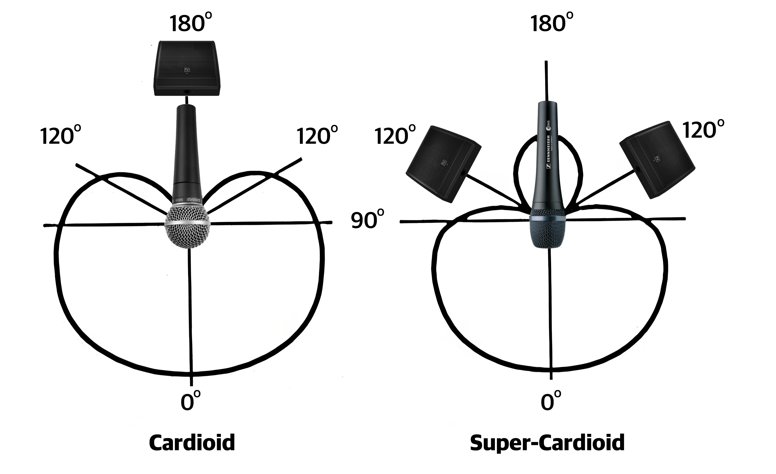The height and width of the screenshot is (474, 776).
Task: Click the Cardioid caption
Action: coord(192,442)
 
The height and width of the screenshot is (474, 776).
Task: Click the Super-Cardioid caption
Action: coord(547,442)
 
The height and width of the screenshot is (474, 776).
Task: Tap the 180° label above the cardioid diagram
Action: coord(190,23)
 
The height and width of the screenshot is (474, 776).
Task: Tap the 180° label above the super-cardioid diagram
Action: coord(551,23)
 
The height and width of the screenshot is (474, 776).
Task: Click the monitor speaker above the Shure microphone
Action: coord(186,68)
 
